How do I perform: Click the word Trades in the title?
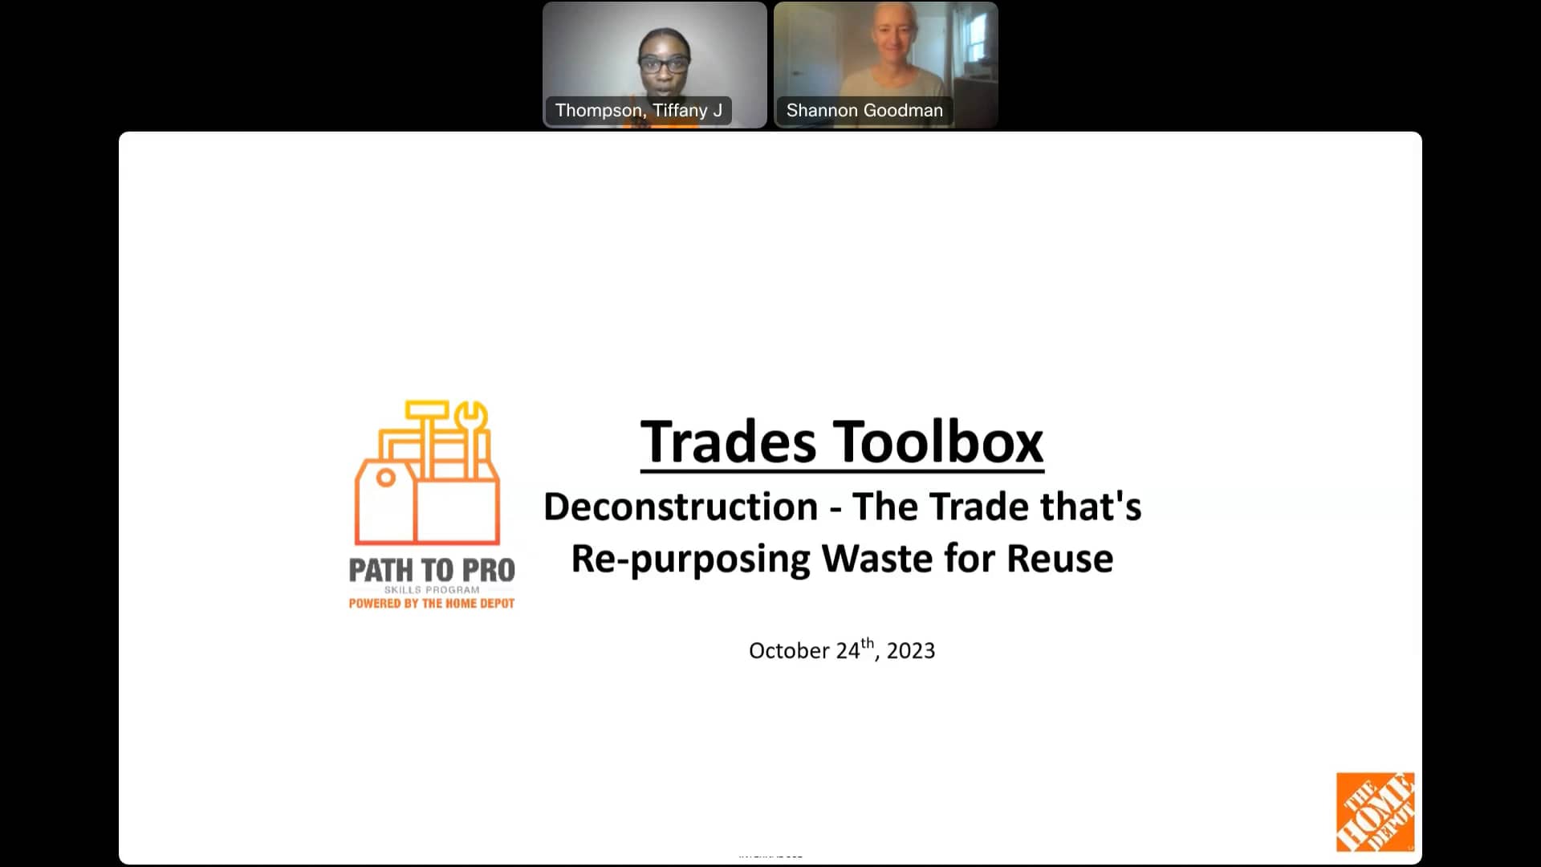click(x=728, y=442)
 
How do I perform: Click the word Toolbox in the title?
click(x=938, y=442)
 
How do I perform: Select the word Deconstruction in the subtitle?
click(x=681, y=507)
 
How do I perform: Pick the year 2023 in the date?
click(x=910, y=651)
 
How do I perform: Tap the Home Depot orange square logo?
click(x=1375, y=812)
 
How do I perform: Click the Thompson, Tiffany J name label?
click(x=638, y=111)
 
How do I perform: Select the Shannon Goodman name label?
click(x=864, y=111)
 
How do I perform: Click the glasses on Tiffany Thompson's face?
click(x=664, y=63)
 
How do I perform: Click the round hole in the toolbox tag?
click(x=386, y=478)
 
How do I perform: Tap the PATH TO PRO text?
click(x=432, y=571)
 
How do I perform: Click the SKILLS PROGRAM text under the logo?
click(x=432, y=590)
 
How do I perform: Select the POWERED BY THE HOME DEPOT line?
click(x=432, y=604)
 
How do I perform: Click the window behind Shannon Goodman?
click(x=976, y=36)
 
